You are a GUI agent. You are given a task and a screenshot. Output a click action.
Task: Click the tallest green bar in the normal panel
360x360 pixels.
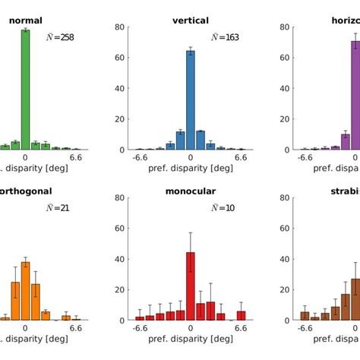[x=25, y=90]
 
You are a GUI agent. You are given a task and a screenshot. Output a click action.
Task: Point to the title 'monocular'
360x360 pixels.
[x=191, y=191]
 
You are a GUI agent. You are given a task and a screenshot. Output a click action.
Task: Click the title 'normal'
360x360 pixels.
[x=25, y=21]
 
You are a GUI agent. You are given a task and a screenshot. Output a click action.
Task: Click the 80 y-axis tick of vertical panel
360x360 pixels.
[x=120, y=27]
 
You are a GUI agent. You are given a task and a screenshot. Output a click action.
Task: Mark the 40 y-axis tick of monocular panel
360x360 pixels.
[x=120, y=259]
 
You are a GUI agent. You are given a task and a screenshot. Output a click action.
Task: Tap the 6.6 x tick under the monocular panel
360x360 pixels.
[x=241, y=329]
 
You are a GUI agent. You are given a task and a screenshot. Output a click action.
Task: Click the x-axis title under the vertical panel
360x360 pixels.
[x=191, y=170]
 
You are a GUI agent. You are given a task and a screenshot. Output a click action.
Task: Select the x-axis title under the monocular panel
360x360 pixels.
[x=191, y=341]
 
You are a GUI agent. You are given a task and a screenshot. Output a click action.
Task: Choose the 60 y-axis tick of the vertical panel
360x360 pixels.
[x=120, y=58]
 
